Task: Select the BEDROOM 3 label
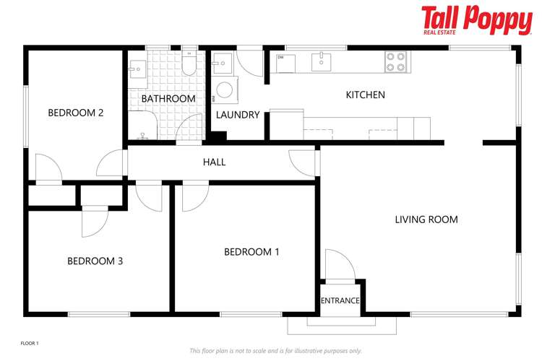(x=95, y=261)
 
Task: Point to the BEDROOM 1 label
(x=251, y=252)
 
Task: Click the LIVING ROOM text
(x=426, y=219)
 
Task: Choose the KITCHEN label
(x=365, y=95)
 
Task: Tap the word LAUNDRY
(x=238, y=115)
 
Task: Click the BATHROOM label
(x=168, y=98)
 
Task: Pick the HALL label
(x=214, y=162)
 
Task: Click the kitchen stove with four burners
(x=395, y=62)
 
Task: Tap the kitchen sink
(x=322, y=62)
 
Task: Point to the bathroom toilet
(x=189, y=65)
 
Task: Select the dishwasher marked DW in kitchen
(x=285, y=63)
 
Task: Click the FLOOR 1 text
(x=29, y=342)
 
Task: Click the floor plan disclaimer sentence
(x=275, y=351)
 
